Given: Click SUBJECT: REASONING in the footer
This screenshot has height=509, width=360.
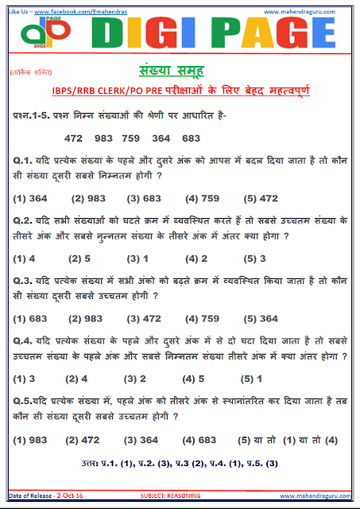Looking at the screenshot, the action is pos(171,495).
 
